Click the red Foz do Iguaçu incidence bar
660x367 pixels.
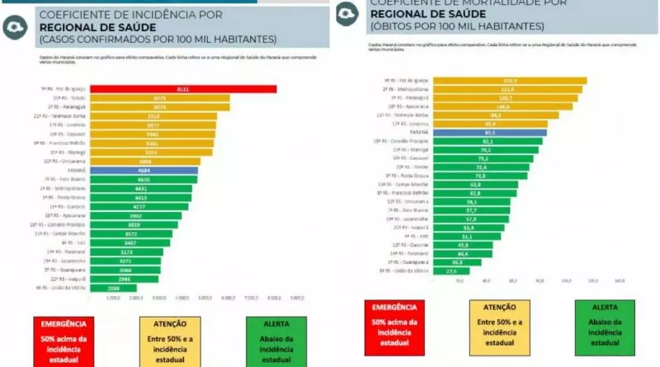coord(182,89)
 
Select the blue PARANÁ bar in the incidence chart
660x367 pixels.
coord(144,171)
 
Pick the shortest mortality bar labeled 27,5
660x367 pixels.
coord(450,270)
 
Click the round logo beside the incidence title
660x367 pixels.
coord(15,26)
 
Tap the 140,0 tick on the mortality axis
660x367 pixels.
coord(619,281)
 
